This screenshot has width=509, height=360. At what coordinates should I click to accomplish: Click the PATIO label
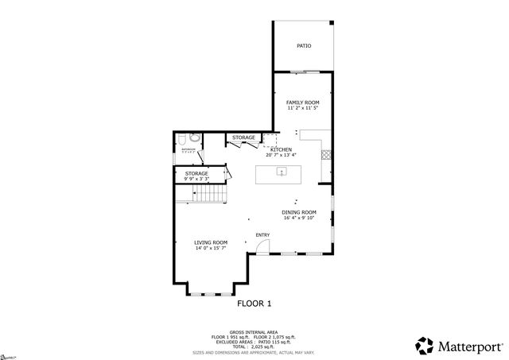point(304,46)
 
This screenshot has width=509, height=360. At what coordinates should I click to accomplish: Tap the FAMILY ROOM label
point(303,103)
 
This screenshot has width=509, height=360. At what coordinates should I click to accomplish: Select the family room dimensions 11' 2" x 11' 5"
point(303,108)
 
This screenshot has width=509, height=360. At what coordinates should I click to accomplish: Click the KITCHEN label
point(281,149)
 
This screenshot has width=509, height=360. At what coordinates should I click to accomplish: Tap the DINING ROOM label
point(299,212)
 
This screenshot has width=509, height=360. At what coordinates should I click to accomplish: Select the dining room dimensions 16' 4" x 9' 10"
point(299,219)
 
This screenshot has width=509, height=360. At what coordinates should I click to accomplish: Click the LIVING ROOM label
point(211,242)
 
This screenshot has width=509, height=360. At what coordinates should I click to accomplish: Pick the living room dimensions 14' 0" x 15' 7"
point(211,249)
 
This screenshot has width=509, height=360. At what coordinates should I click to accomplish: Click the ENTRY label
point(262,234)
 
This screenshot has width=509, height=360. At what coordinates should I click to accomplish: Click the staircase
point(212,192)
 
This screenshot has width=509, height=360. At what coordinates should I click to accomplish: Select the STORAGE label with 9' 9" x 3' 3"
point(196,173)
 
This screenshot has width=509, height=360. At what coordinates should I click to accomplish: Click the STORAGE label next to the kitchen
point(243,137)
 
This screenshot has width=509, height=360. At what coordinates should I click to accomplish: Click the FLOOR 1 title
point(254,303)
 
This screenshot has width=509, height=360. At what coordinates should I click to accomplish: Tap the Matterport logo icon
point(425,346)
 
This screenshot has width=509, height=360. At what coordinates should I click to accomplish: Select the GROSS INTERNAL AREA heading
point(254,331)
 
